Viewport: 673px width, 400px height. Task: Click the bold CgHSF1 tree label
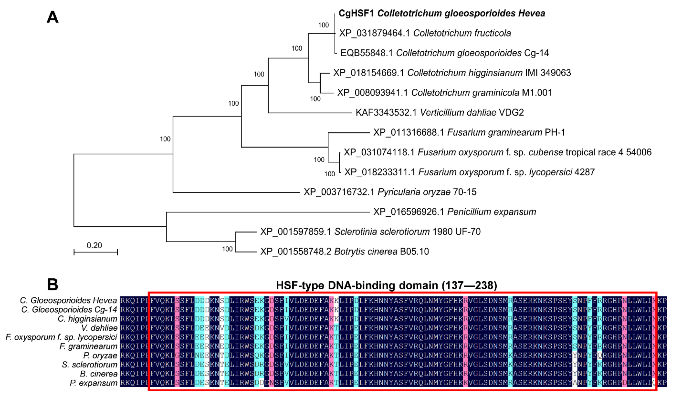tap(441, 13)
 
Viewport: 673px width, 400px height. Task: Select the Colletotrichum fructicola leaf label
tap(425, 33)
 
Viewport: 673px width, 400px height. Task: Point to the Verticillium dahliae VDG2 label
tap(440, 112)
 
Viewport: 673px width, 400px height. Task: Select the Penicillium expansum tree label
tap(454, 212)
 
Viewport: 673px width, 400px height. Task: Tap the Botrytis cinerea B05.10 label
tap(344, 251)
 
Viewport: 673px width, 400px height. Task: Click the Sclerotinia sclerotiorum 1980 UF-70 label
tap(370, 231)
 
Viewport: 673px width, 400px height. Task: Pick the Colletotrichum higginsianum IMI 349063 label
tap(452, 73)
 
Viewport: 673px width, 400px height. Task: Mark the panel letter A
tap(53, 17)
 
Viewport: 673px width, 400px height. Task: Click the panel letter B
tap(53, 284)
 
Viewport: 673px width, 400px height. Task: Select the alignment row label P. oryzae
tap(100, 356)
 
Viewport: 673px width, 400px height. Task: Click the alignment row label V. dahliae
tap(99, 328)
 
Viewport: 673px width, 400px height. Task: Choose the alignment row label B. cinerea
tap(99, 374)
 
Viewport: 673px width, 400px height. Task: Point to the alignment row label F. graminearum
tap(88, 346)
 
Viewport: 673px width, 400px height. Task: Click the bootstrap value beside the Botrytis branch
tap(227, 249)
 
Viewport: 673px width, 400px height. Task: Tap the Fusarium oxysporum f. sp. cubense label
tap(497, 152)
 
